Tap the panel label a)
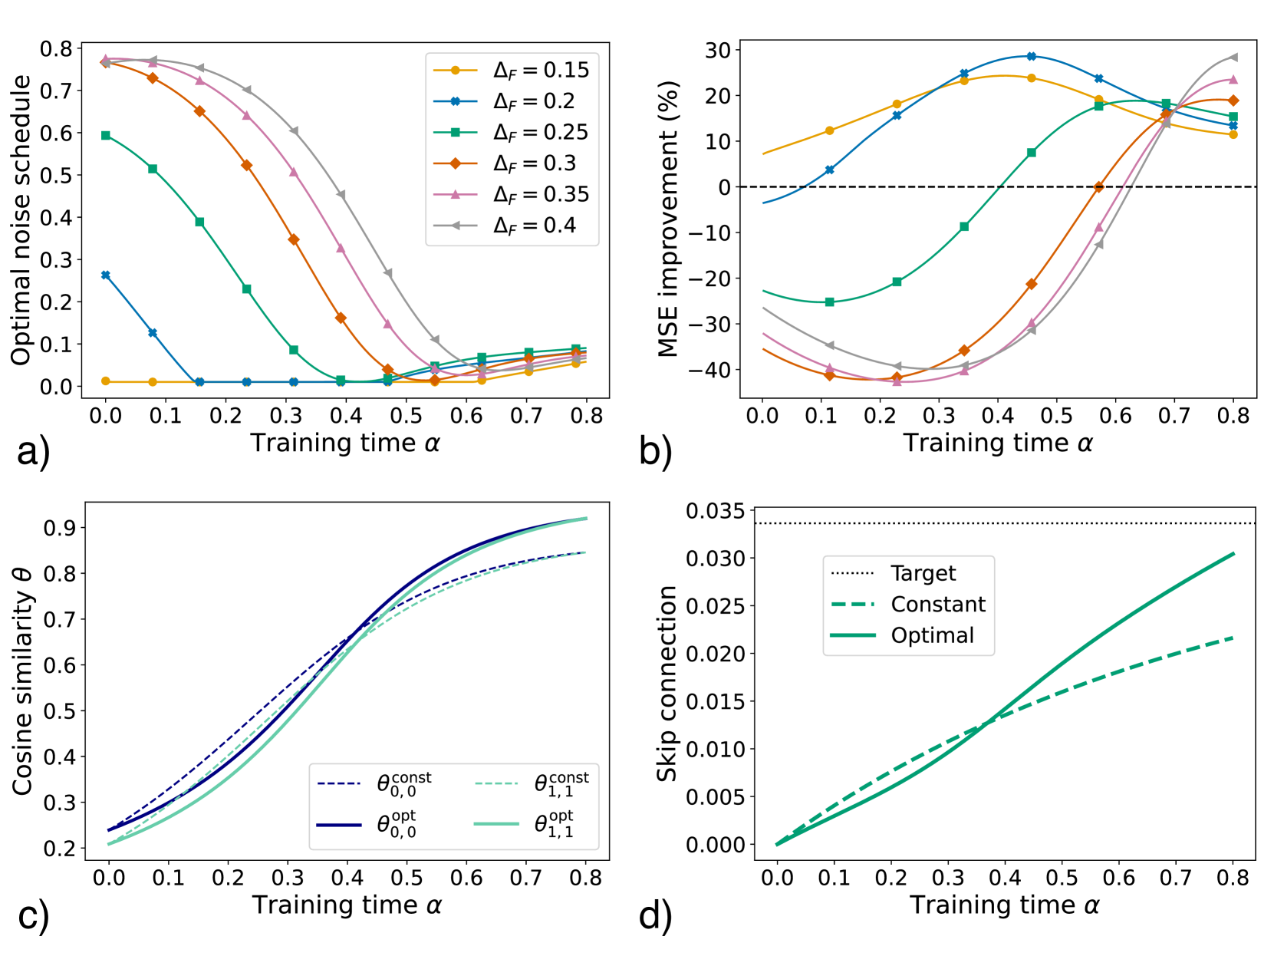33,451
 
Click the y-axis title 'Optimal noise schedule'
21,219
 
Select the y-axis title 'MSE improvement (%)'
668,219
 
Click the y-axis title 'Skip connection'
667,684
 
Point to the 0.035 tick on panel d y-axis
716,511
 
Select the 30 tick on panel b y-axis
718,50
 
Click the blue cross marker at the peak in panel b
1032,56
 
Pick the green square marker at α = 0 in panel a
106,136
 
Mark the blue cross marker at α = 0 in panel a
106,275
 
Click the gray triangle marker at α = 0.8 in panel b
1233,57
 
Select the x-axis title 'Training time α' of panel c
347,905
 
